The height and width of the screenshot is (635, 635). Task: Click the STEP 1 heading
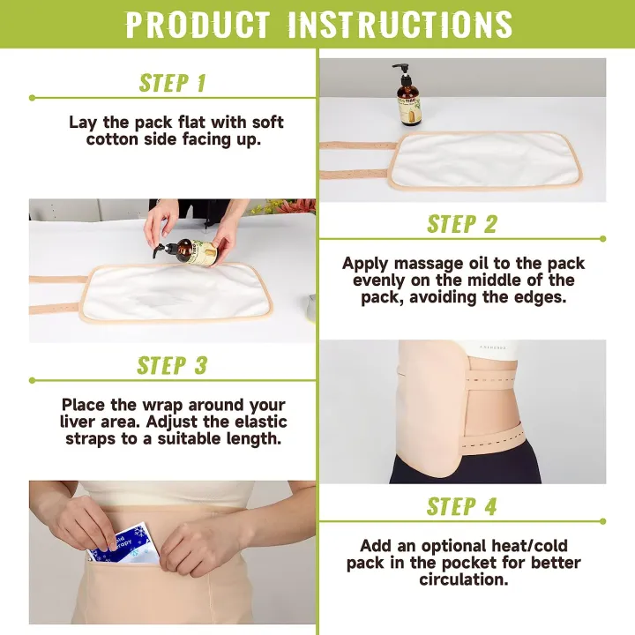[x=173, y=83]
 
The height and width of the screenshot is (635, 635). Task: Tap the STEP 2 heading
[x=462, y=224]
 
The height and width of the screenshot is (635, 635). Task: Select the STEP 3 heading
[x=173, y=365]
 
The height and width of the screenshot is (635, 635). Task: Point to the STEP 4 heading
[x=462, y=506]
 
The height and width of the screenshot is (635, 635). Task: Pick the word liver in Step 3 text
[x=86, y=422]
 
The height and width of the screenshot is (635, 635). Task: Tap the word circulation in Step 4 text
[x=463, y=579]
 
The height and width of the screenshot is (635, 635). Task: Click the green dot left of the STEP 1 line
[x=33, y=97]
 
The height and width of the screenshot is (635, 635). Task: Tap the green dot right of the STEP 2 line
[x=602, y=238]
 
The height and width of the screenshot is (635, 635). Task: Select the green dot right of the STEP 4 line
[x=602, y=520]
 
